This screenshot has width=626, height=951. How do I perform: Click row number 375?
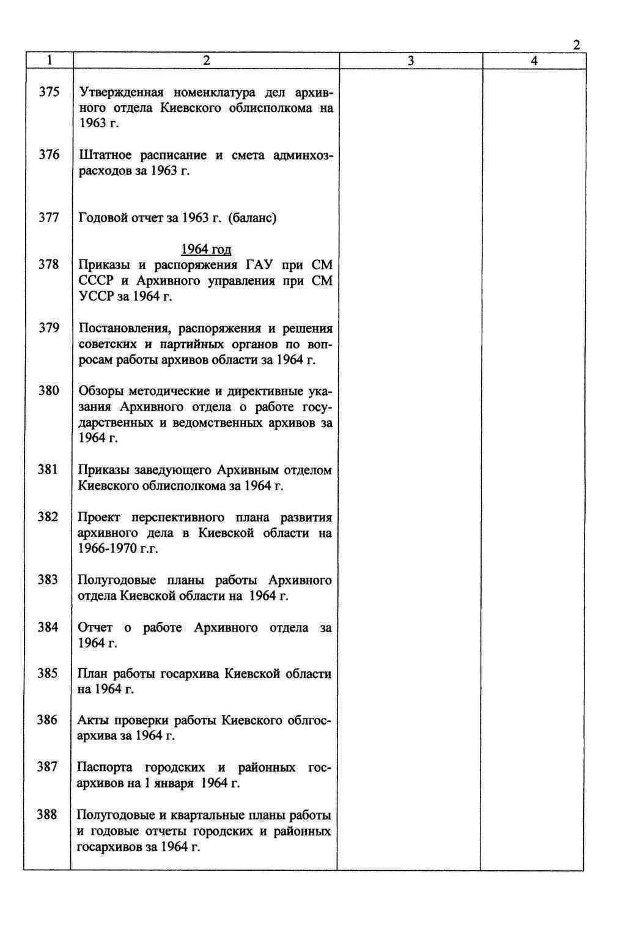pos(50,92)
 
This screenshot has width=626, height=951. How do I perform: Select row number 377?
pos(49,217)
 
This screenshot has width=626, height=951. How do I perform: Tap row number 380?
pos(49,390)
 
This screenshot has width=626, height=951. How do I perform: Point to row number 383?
pos(48,580)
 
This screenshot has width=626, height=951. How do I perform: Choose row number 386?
pos(47,720)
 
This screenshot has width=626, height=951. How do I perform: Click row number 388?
pos(46,815)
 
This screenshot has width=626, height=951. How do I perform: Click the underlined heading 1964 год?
pos(206,249)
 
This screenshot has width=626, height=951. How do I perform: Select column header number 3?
pos(411,61)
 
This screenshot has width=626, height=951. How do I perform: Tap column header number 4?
pos(534,61)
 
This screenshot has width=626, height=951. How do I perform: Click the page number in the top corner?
pos(576,45)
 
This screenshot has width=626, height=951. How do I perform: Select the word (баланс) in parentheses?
pos(252,218)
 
